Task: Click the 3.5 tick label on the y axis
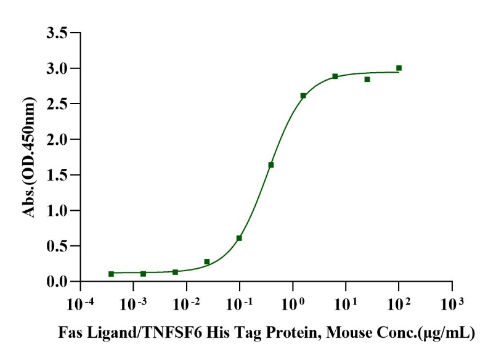pos(57,33)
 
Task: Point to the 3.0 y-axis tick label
pos(57,68)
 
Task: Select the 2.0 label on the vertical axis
pos(57,139)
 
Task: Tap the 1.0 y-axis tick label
pos(57,211)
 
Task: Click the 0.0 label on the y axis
pos(57,282)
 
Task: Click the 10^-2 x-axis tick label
pos(185,305)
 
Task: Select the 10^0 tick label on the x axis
pos(292,305)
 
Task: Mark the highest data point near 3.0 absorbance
pos(399,68)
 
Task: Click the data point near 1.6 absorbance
pos(271,165)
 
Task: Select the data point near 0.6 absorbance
pos(239,238)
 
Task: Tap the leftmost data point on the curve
pos(111,274)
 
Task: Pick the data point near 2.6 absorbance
pos(303,96)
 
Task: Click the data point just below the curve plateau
pos(367,79)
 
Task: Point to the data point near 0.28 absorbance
pos(207,261)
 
